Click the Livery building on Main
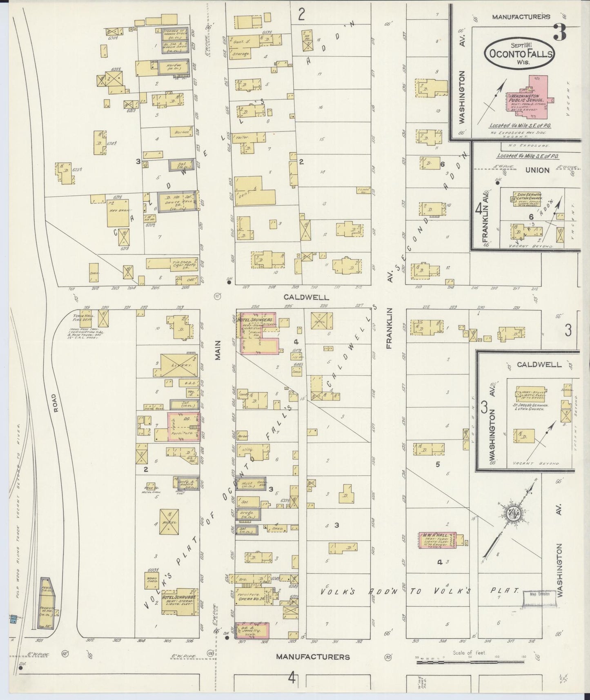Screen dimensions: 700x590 176,364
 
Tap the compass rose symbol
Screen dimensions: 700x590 511,513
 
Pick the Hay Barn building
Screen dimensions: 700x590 118,212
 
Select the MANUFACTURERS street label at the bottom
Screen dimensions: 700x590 313,657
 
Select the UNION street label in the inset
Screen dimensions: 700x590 537,170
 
